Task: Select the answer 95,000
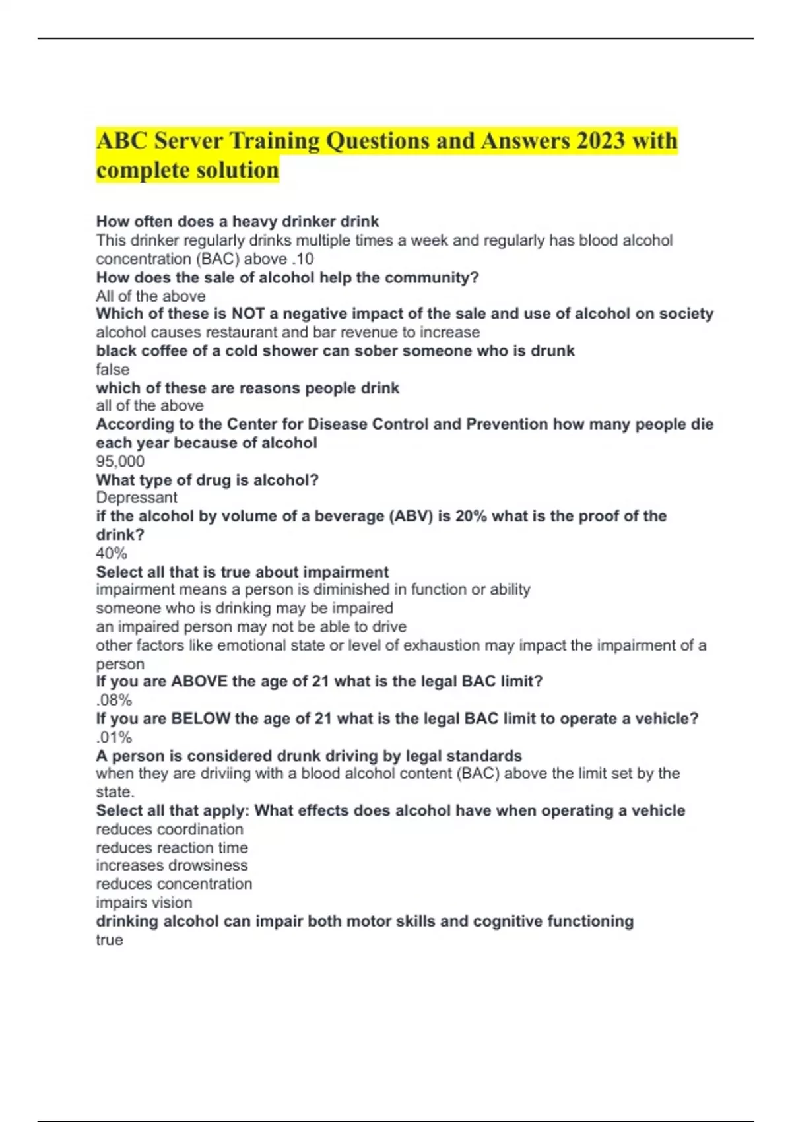pos(120,461)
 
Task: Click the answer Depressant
pos(137,498)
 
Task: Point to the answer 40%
pos(112,553)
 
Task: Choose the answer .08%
pos(114,700)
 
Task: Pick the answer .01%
pos(114,737)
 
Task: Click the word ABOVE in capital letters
pos(199,681)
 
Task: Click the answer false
pos(113,370)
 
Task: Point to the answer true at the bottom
pos(110,940)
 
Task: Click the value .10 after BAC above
pos(302,259)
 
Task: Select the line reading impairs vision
pos(144,903)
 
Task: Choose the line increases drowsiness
pos(172,865)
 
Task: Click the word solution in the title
pos(236,170)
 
